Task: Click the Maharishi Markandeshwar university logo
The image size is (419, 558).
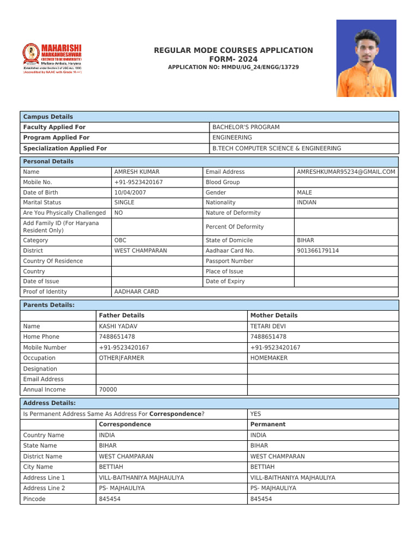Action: [52, 58]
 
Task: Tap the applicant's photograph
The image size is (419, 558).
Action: [366, 58]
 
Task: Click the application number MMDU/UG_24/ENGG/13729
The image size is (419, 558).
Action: [234, 67]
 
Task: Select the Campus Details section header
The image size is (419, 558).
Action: [48, 117]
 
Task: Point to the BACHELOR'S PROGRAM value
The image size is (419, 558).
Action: [246, 127]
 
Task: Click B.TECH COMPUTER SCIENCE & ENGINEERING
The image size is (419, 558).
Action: [277, 148]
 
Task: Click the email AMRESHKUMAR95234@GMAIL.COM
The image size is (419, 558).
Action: [346, 172]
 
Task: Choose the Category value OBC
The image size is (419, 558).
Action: [121, 240]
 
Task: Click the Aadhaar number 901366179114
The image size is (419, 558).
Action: [318, 251]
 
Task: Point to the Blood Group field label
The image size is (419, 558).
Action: [223, 182]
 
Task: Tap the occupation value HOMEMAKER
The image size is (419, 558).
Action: [269, 358]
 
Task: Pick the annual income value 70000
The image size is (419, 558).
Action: [107, 390]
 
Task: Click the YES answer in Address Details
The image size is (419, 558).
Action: [256, 414]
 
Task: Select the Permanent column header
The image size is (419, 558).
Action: [268, 424]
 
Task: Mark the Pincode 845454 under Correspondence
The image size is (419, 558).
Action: [110, 499]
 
